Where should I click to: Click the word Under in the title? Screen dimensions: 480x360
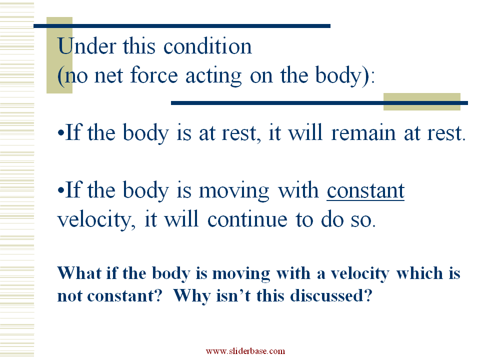click(x=86, y=46)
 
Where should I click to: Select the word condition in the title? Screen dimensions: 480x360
click(x=207, y=46)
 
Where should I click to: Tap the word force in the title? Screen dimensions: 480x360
click(x=154, y=75)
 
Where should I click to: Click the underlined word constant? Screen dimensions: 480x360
click(x=365, y=190)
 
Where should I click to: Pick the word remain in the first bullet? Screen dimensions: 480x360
click(x=363, y=133)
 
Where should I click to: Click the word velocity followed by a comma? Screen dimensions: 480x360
click(x=96, y=220)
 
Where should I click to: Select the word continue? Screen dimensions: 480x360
click(x=247, y=219)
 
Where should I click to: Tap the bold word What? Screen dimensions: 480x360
click(x=79, y=273)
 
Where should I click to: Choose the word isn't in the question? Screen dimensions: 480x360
click(x=233, y=295)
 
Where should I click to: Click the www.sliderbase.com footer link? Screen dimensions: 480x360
click(x=245, y=351)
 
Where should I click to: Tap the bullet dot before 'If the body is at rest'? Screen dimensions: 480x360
click(x=61, y=133)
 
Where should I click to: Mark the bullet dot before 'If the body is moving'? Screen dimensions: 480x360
click(x=61, y=190)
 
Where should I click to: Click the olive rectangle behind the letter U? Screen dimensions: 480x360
click(x=59, y=55)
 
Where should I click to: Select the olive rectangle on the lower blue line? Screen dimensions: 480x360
click(x=422, y=101)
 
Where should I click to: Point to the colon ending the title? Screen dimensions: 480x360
click(x=372, y=76)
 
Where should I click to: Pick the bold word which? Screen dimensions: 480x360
click(x=419, y=273)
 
